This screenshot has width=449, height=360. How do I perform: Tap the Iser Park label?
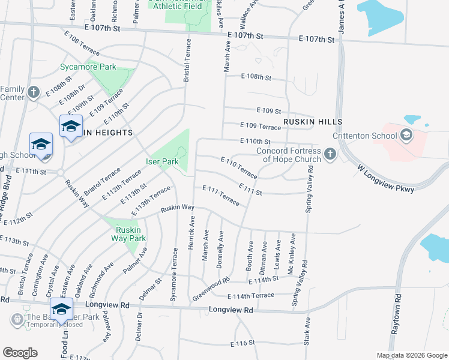click(162, 162)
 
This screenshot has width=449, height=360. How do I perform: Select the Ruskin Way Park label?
click(129, 234)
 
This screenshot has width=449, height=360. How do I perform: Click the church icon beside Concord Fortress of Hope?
click(330, 155)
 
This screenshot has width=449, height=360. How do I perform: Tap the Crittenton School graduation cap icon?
click(406, 135)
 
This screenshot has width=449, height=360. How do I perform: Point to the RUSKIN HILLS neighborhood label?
click(313, 121)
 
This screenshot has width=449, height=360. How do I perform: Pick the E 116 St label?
click(243, 344)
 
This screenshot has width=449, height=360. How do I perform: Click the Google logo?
click(20, 353)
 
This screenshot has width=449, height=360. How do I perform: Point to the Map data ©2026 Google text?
click(411, 355)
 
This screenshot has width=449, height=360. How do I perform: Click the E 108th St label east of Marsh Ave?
click(256, 77)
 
